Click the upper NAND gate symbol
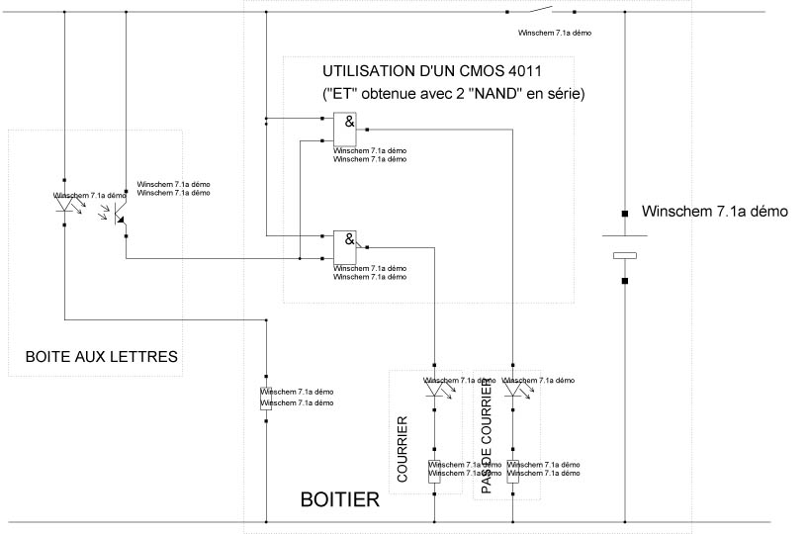pos(345,126)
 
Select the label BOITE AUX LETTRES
pos(94,356)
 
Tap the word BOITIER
pos(339,500)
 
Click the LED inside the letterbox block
pos(65,205)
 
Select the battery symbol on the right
pos(625,246)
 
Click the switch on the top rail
pos(540,12)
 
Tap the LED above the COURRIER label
pos(435,388)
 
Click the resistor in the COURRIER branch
pos(435,471)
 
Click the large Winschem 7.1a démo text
pos(714,212)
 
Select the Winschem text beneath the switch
pos(555,33)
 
